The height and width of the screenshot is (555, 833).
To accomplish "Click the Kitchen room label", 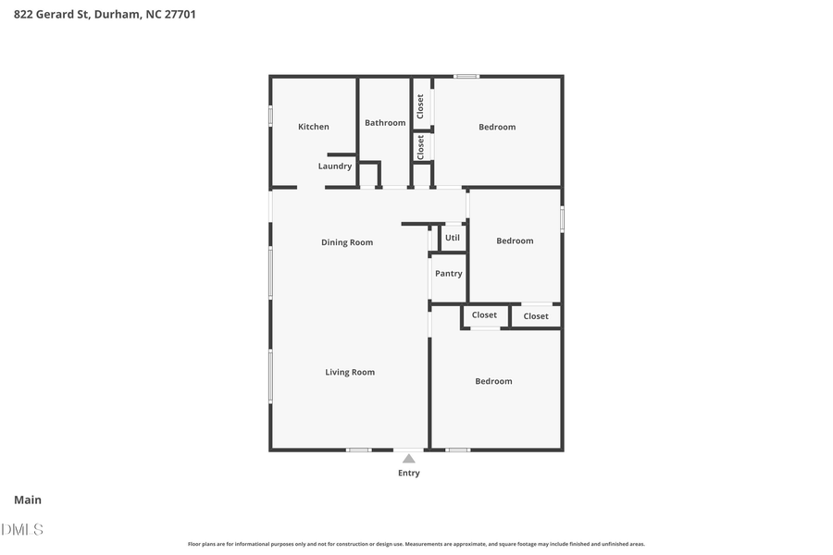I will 313,127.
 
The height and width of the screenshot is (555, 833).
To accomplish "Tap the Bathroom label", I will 385,123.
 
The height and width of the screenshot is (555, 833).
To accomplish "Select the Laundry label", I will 335,166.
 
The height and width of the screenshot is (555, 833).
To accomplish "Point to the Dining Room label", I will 347,242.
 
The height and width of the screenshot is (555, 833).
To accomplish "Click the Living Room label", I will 350,372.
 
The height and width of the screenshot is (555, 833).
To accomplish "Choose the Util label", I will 453,238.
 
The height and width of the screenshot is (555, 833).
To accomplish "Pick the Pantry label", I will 449,274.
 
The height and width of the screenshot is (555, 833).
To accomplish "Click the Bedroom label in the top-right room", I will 497,127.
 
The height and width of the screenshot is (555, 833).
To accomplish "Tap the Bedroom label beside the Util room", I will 515,240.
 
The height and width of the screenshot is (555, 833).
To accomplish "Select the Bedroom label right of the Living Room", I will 493,381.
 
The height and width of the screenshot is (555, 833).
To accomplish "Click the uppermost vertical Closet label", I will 420,105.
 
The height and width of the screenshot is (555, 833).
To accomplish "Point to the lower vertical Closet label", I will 420,147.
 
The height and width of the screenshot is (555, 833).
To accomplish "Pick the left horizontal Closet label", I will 484,315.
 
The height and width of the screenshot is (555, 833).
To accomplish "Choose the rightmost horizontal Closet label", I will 536,316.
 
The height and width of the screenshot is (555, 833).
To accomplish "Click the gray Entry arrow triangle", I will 408,458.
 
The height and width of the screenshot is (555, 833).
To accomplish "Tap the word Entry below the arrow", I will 408,473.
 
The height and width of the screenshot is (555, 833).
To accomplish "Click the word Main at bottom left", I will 28,500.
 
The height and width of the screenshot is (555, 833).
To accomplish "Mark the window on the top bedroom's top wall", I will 466,76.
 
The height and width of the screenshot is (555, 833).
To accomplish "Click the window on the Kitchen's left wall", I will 270,116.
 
